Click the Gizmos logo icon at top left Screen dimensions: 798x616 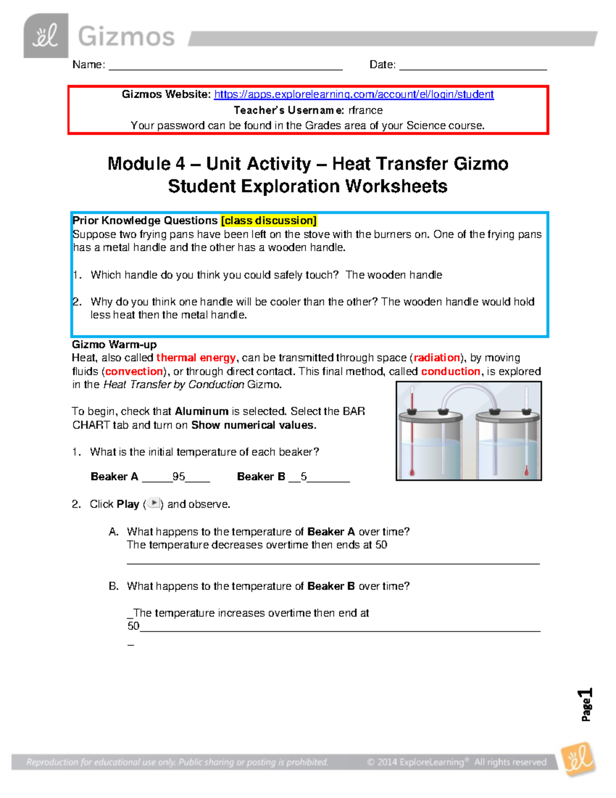(x=46, y=36)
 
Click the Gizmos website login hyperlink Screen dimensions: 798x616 (x=354, y=95)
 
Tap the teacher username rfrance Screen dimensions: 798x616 (x=365, y=110)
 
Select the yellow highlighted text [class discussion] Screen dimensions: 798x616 (x=268, y=220)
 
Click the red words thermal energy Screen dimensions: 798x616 (x=196, y=358)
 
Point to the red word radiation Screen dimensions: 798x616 (x=437, y=358)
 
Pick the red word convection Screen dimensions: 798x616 (x=134, y=372)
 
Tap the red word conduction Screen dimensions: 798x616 (x=450, y=372)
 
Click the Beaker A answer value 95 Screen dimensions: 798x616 (x=179, y=477)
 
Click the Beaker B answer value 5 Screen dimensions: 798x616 (x=304, y=477)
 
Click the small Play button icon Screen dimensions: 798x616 (x=153, y=504)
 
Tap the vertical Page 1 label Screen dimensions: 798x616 (x=586, y=704)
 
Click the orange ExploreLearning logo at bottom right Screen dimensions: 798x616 (x=578, y=759)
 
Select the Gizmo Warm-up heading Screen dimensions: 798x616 (x=114, y=344)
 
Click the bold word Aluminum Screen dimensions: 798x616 (x=201, y=411)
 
